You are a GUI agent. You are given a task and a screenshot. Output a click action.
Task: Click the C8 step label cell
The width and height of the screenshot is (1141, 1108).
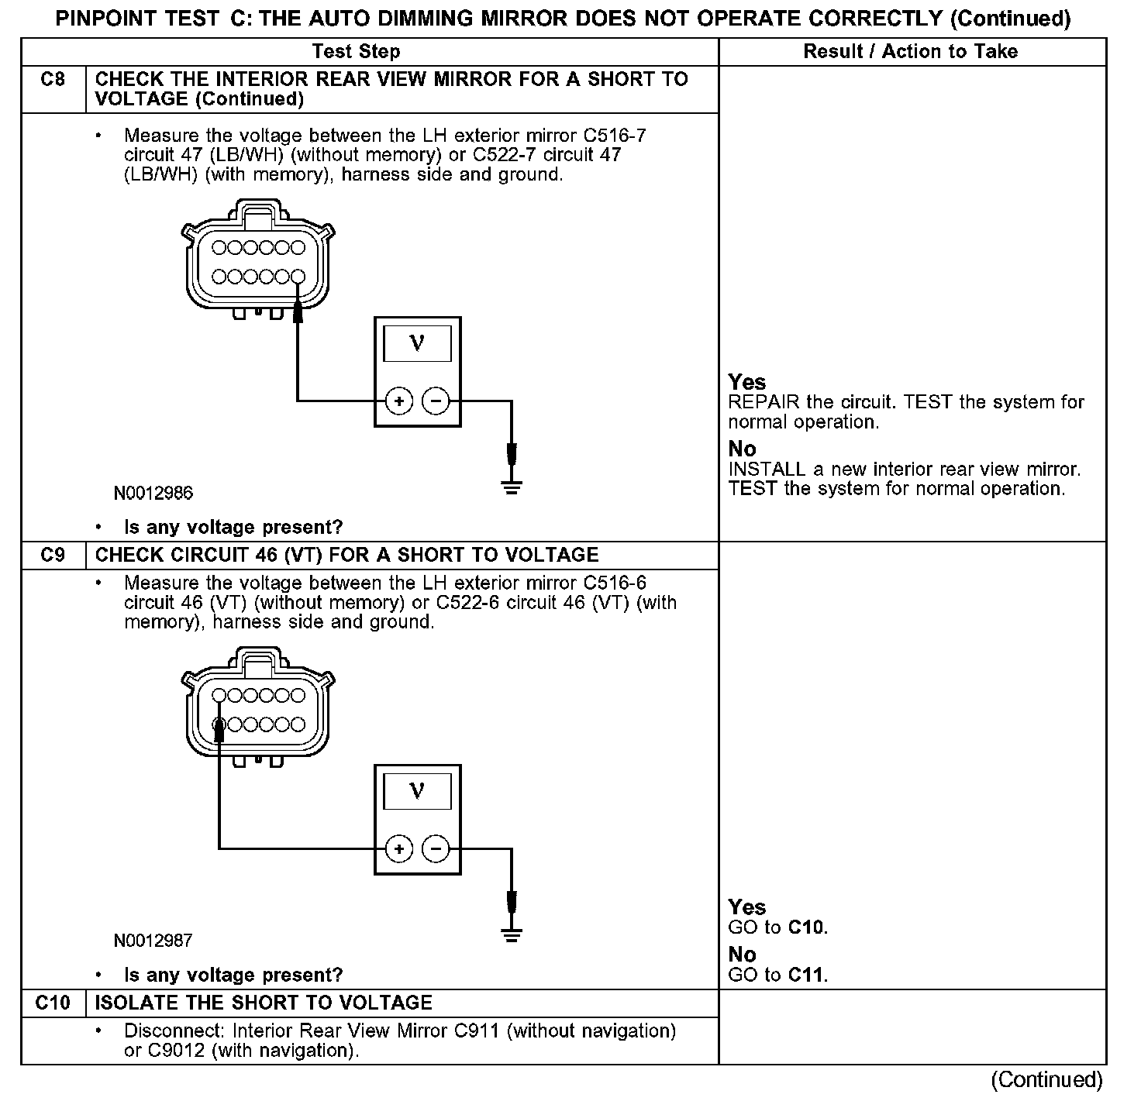[53, 80]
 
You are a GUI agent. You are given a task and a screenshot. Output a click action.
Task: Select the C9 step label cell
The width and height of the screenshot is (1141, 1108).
[53, 556]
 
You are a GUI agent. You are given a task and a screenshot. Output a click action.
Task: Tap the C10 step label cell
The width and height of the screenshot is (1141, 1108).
[53, 1003]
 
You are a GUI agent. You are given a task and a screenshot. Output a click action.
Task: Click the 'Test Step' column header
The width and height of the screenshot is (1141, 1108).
[356, 52]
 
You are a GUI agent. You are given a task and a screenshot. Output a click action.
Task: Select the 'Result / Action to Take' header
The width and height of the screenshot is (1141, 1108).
[910, 52]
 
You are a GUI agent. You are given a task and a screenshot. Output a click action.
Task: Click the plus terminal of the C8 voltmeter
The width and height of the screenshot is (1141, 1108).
[398, 401]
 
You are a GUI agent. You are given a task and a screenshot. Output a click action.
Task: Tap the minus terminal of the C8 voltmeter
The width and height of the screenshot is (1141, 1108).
[436, 401]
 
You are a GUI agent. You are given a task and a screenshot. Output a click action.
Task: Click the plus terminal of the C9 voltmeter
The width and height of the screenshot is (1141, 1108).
[398, 849]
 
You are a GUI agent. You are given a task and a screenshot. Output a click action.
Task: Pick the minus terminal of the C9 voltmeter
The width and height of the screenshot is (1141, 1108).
[436, 849]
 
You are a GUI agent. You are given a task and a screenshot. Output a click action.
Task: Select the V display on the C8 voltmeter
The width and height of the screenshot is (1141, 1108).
[417, 342]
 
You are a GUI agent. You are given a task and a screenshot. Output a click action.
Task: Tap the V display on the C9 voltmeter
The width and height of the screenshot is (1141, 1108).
[417, 790]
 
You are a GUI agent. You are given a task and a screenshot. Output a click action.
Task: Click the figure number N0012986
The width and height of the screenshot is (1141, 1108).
[153, 493]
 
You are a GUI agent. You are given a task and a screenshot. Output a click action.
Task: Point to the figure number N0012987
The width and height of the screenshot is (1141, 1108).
[153, 941]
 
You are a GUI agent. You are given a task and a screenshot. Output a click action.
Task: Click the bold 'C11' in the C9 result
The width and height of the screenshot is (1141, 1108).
[806, 975]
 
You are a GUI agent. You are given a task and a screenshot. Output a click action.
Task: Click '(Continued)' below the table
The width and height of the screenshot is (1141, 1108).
[1046, 1080]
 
